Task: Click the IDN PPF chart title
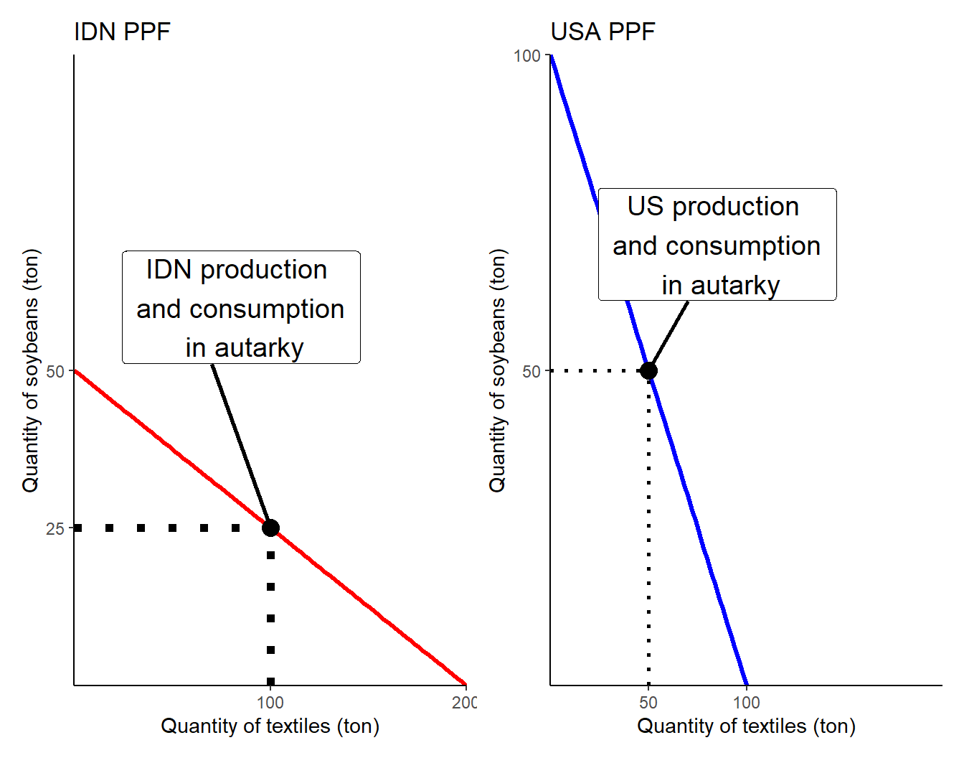coord(122,32)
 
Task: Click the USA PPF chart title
coord(602,32)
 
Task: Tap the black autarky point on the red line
coord(270,528)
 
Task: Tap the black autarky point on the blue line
coord(648,370)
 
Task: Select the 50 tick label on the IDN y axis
coord(55,372)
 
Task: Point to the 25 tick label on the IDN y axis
coord(55,529)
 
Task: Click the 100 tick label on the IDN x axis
coord(270,703)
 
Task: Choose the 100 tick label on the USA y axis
coord(527,56)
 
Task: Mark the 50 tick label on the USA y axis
coord(531,372)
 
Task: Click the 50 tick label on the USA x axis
coord(648,703)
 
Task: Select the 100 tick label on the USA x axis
coord(747,703)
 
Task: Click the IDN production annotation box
coord(241,307)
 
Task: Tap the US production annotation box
coord(717,245)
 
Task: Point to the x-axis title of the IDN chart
coord(270,726)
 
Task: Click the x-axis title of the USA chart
coord(746,726)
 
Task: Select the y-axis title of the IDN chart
coord(31,370)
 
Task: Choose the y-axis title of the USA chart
coord(497,370)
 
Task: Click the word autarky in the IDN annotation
coord(259,348)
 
